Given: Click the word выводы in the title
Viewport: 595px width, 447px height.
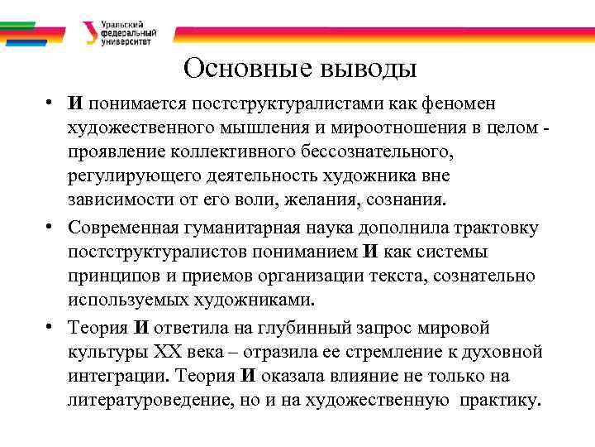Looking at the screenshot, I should (364, 67).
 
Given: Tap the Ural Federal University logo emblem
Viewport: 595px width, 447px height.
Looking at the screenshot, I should (89, 32).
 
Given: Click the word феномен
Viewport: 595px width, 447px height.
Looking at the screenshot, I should (470, 104).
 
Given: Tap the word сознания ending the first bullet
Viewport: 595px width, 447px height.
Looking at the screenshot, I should (402, 200).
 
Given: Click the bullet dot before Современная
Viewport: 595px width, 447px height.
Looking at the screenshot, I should (51, 226).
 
